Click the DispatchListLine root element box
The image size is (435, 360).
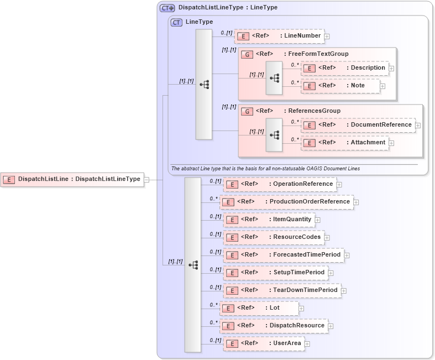[72, 179]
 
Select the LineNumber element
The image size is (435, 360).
[279, 36]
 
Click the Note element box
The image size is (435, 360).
[340, 86]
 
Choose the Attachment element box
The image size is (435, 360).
[344, 143]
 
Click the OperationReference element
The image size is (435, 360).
[280, 184]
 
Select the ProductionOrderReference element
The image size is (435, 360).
[286, 202]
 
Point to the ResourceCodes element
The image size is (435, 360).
[274, 237]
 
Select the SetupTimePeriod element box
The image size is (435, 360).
[276, 273]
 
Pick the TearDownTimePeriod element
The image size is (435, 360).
[282, 290]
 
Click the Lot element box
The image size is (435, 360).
[259, 308]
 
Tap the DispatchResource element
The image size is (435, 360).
[274, 326]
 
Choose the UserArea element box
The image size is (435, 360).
[264, 343]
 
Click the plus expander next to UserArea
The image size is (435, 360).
[307, 344]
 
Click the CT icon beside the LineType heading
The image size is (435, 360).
[176, 22]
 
